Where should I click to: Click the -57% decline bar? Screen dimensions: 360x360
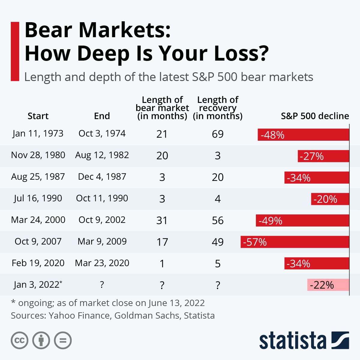(295, 242)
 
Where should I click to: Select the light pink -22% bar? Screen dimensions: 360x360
(328, 285)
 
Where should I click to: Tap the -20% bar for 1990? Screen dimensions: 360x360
(330, 199)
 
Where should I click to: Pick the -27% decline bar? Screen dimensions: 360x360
(323, 156)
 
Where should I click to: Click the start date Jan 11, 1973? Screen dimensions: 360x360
(38, 133)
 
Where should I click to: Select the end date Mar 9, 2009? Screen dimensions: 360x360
(102, 241)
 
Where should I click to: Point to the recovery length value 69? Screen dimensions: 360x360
(217, 134)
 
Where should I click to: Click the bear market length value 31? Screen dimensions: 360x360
(162, 220)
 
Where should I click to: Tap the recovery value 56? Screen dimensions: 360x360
(217, 220)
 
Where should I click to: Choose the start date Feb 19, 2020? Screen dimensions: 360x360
(38, 263)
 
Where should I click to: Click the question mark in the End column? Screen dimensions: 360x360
(102, 285)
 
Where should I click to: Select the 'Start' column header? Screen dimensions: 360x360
(38, 116)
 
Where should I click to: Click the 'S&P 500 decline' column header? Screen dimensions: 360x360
(315, 116)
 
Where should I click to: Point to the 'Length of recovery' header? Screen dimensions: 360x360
(217, 108)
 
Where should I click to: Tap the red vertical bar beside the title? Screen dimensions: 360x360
(15, 51)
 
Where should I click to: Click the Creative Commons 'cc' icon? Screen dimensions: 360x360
(19, 340)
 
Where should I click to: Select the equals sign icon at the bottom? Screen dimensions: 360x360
(63, 340)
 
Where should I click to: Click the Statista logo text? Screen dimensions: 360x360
(292, 341)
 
